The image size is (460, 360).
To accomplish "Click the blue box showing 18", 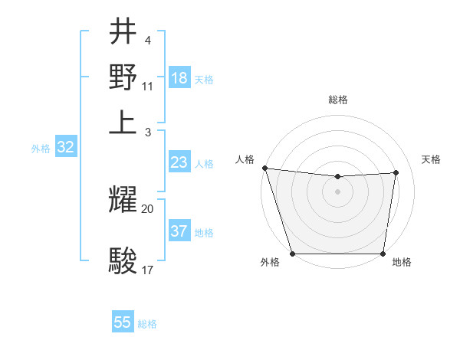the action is tap(179, 78).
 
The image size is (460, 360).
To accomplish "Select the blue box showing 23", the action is tap(179, 162).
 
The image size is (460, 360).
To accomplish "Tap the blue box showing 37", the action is tap(179, 231).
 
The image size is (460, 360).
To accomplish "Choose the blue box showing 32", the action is tap(66, 148).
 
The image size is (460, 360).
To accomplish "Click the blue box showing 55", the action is tap(123, 322).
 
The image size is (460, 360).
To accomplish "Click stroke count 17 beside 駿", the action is tap(148, 270).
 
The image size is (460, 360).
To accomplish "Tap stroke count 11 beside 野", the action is tap(148, 86).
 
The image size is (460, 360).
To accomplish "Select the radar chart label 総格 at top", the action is tap(337, 100).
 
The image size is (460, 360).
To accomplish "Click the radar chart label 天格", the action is tap(431, 159).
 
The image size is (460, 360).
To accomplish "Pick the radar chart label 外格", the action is tap(270, 263).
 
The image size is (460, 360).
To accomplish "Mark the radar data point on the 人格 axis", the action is tap(264, 168).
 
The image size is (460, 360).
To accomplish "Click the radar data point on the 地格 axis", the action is tap(383, 254).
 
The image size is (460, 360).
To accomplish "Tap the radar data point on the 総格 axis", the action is tap(337, 177).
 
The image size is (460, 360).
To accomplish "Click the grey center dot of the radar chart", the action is tap(337, 191).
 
